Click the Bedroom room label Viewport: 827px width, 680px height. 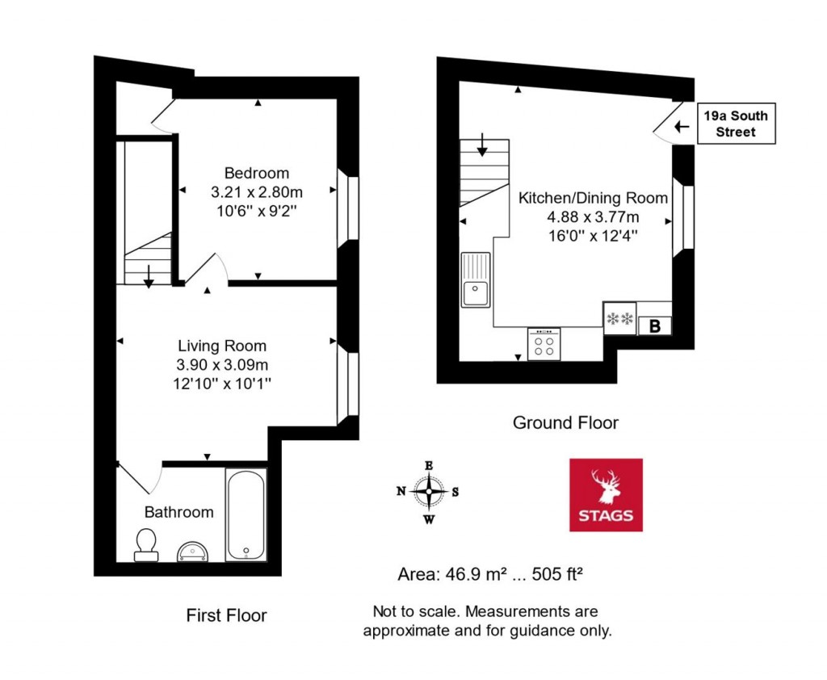click(x=256, y=173)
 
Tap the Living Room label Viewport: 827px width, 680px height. click(x=222, y=346)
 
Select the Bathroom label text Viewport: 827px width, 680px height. click(x=178, y=512)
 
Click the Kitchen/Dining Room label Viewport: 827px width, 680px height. click(x=593, y=198)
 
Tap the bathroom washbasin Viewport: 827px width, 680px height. click(x=193, y=551)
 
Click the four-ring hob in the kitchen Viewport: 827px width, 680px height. click(x=544, y=344)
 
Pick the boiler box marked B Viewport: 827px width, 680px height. click(x=654, y=326)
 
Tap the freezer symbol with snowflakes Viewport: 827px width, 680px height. click(x=620, y=318)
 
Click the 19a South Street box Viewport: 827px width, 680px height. click(x=736, y=124)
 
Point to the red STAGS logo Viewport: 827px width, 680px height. click(x=606, y=494)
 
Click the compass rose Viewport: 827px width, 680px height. click(x=429, y=491)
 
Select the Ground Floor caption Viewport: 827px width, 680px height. click(x=565, y=422)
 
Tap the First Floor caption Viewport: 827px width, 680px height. click(x=226, y=615)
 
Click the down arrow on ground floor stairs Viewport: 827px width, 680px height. click(x=482, y=144)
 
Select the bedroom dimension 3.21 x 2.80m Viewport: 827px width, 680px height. click(x=256, y=193)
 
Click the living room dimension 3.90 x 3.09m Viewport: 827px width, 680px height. click(x=222, y=365)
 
